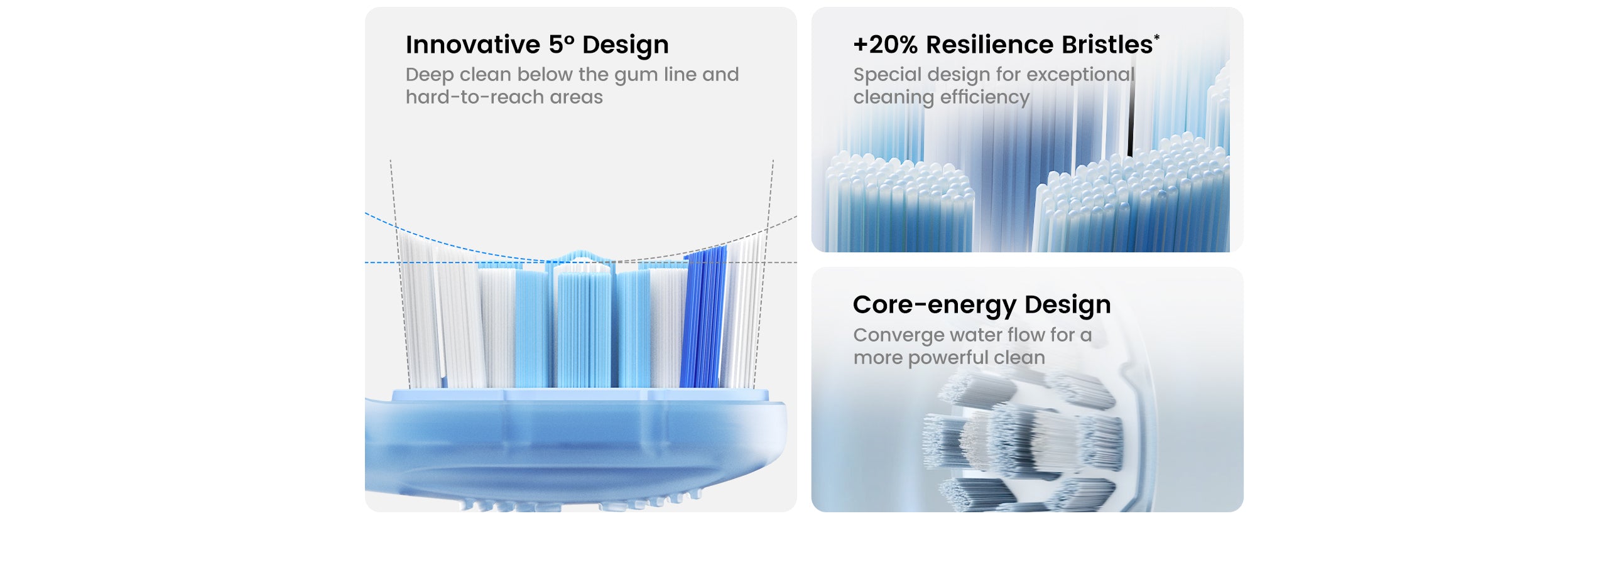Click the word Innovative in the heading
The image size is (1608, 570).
[x=473, y=45]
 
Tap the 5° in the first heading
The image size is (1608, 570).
[x=562, y=45]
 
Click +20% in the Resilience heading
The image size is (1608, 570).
[x=886, y=45]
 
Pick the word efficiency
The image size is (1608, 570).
[x=985, y=98]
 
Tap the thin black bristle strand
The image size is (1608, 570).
[x=1131, y=116]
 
